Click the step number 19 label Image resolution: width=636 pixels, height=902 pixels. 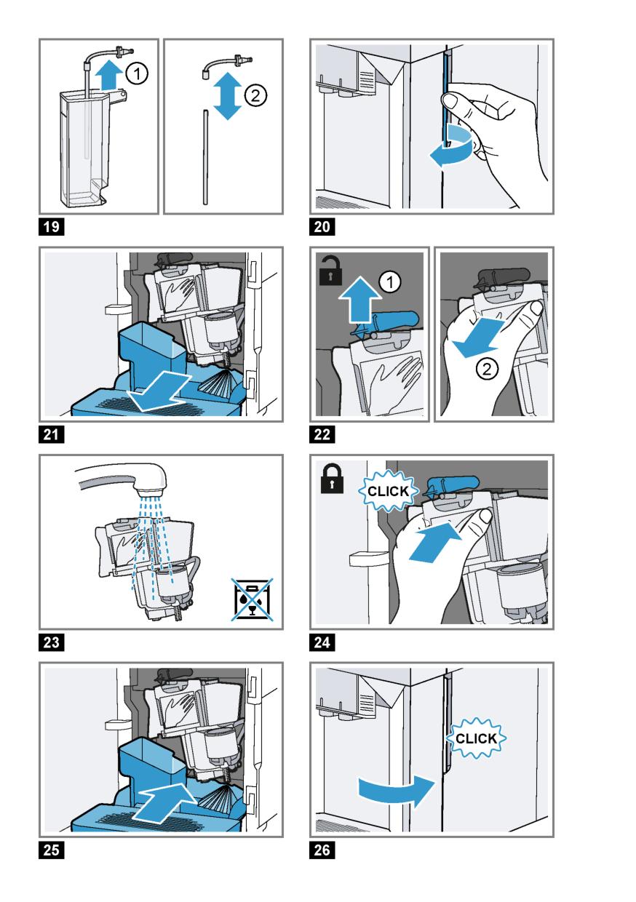click(51, 227)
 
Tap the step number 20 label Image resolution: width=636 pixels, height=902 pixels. click(322, 227)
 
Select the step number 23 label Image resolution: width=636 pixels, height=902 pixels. click(51, 642)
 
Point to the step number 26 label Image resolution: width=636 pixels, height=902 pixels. click(322, 850)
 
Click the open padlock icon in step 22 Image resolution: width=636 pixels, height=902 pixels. click(330, 271)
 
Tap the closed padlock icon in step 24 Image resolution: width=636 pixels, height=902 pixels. click(332, 479)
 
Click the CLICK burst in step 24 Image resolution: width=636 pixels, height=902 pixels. click(388, 491)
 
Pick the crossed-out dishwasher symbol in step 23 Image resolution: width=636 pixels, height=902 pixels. click(253, 599)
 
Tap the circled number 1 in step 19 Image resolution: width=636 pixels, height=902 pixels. click(137, 73)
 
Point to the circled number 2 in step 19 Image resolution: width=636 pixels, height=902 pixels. click(255, 96)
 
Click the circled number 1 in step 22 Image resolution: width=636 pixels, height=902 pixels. click(390, 282)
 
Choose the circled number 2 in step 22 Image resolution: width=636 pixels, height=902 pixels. click(487, 369)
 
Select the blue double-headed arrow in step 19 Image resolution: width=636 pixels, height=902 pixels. click(228, 96)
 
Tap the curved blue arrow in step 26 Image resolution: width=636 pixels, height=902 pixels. click(397, 789)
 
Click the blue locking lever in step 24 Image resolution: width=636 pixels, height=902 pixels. click(453, 484)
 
